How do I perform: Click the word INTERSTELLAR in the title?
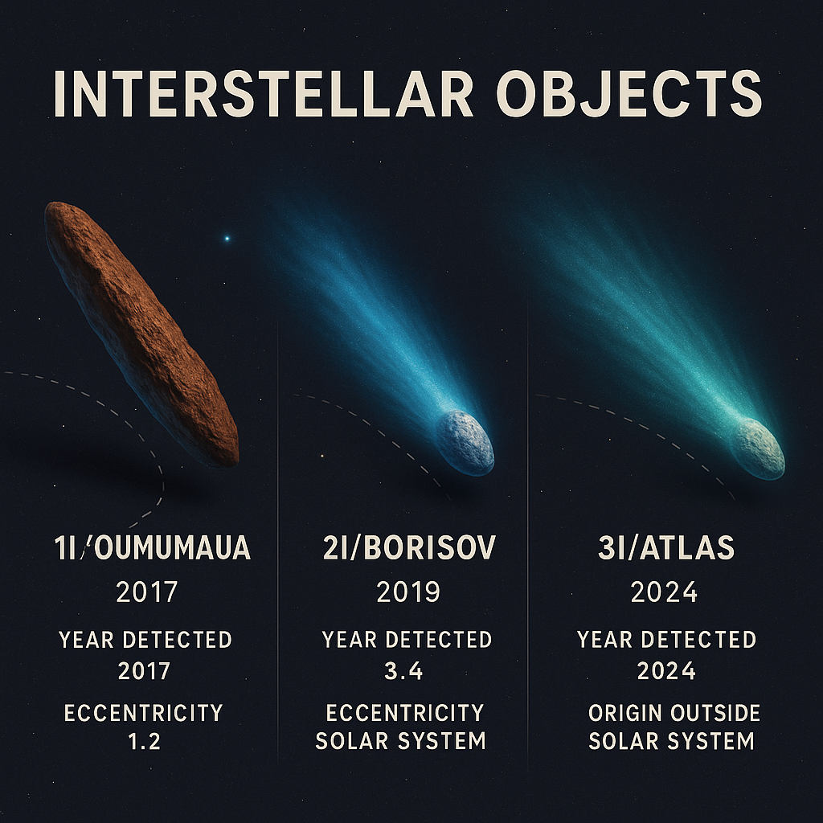[x=264, y=95]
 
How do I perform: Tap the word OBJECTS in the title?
[x=629, y=95]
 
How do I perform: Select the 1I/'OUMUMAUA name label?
[x=152, y=547]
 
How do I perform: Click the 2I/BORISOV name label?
[x=409, y=547]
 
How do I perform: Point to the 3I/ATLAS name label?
[x=666, y=547]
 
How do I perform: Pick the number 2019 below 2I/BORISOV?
[x=408, y=592]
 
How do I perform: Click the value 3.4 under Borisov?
[x=403, y=671]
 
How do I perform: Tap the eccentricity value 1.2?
[x=145, y=741]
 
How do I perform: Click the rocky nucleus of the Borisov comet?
[x=465, y=442]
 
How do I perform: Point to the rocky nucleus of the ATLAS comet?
[x=758, y=448]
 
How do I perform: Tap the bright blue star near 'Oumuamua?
[x=227, y=239]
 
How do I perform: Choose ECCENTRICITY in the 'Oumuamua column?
[x=143, y=713]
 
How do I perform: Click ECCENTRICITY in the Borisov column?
[x=405, y=713]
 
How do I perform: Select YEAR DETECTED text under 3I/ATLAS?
[x=666, y=639]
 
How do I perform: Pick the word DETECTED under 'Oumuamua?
[x=177, y=639]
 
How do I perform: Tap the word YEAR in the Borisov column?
[x=349, y=639]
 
